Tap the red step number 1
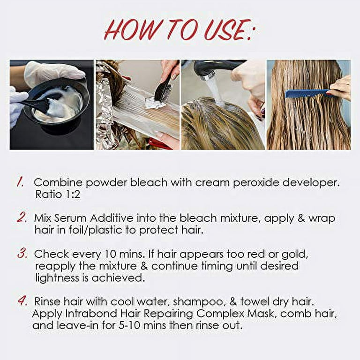pyautogui.click(x=21, y=182)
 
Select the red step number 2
pyautogui.click(x=22, y=217)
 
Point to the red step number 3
pyautogui.click(x=22, y=254)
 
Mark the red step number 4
pyautogui.click(x=22, y=300)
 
